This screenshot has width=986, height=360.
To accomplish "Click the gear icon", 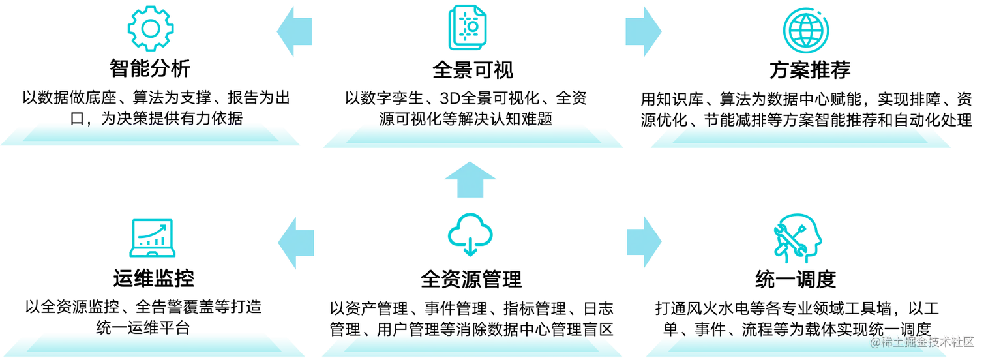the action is [151, 29].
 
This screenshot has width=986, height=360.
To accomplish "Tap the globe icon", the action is [807, 29].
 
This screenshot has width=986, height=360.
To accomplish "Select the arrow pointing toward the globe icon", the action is [642, 30].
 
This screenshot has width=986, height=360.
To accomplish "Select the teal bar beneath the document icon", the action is [473, 138].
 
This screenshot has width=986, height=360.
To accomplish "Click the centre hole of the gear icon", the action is [151, 29].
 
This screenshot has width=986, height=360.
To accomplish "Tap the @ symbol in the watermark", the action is [874, 341].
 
